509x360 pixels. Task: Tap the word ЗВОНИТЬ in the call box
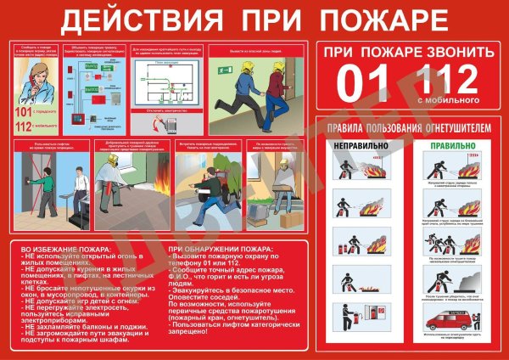tap(454, 53)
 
